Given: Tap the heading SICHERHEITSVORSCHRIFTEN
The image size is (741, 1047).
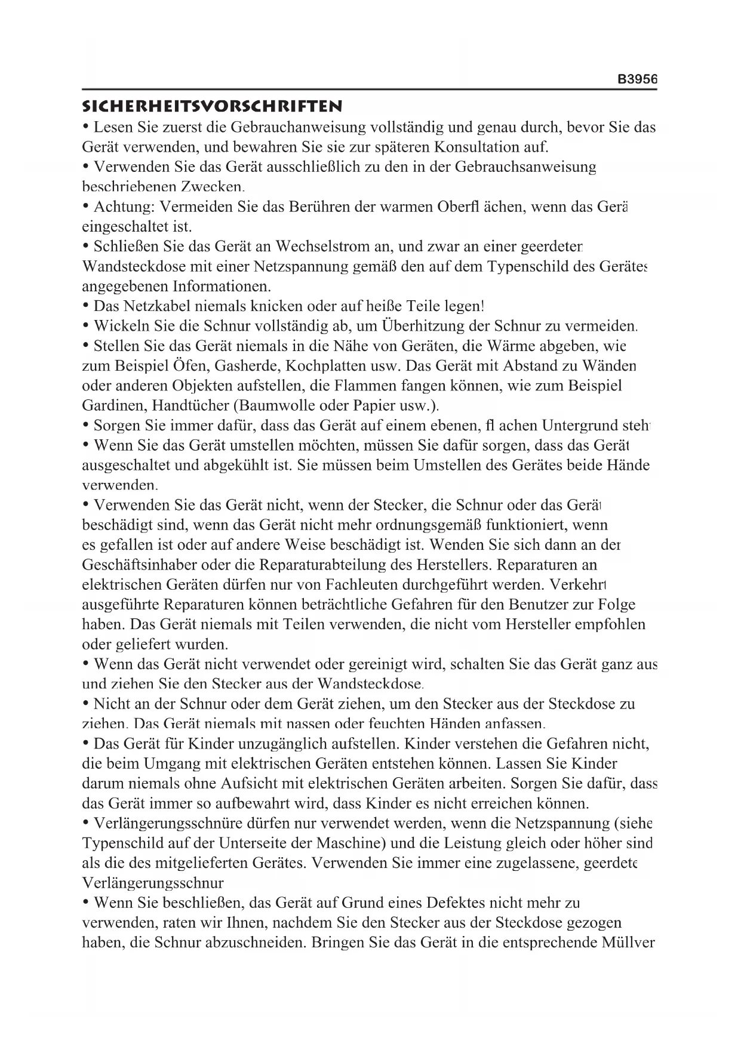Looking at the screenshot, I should click(x=212, y=107).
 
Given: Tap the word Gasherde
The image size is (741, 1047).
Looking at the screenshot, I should click(x=244, y=366).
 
